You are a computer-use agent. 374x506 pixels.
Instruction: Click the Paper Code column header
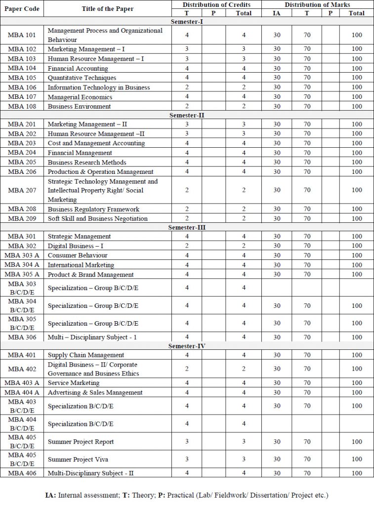[22, 9]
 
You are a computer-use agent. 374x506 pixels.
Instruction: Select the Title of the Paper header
[107, 9]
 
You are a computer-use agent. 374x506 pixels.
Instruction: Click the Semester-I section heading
[187, 22]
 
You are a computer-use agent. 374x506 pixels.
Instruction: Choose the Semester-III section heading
[187, 227]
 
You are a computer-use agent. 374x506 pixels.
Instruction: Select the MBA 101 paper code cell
[22, 35]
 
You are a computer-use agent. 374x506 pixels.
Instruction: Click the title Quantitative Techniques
[82, 78]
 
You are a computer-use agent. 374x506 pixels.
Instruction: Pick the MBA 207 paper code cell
[22, 190]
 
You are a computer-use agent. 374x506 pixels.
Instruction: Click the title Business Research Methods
[87, 162]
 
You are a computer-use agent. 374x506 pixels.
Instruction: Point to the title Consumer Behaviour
[78, 255]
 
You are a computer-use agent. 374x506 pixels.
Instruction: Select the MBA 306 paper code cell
[22, 337]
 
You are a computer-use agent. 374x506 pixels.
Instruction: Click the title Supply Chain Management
[85, 355]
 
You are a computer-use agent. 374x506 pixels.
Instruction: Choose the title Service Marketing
[74, 383]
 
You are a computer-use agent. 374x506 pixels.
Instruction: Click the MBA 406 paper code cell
[22, 473]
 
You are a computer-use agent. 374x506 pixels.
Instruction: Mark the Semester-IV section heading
[187, 346]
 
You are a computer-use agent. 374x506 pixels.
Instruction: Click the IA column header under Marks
[277, 13]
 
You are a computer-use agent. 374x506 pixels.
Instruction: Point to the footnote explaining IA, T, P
[187, 495]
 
